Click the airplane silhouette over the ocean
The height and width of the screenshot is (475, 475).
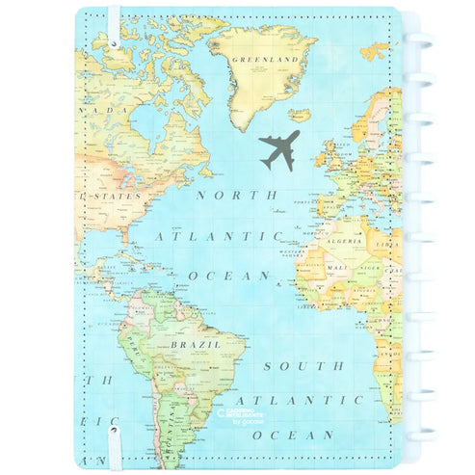[279, 148]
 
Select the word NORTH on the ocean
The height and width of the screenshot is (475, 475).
[229, 194]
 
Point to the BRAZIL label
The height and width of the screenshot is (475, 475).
[196, 344]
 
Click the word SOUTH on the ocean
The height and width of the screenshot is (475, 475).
[303, 366]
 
